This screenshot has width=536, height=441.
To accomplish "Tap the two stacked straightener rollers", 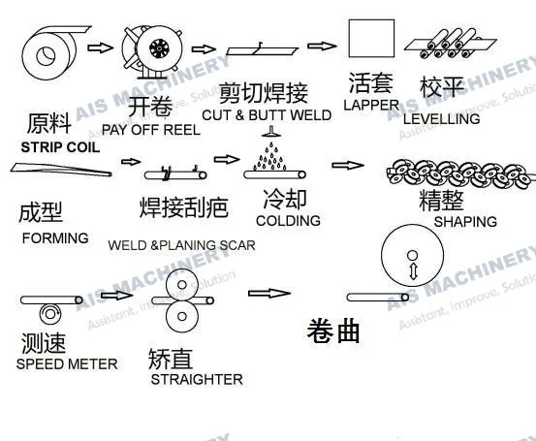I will [x=181, y=301].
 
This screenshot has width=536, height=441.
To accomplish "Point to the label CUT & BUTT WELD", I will [x=267, y=115].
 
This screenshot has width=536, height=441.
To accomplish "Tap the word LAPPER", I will [x=371, y=104].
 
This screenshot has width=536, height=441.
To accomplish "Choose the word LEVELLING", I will [x=441, y=119].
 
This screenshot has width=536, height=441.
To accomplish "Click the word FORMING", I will [x=54, y=238].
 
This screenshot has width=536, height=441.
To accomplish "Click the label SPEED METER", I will [x=67, y=364].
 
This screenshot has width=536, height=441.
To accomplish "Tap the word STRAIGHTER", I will [x=197, y=380].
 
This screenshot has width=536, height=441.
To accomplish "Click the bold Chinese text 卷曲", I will [x=333, y=331].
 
